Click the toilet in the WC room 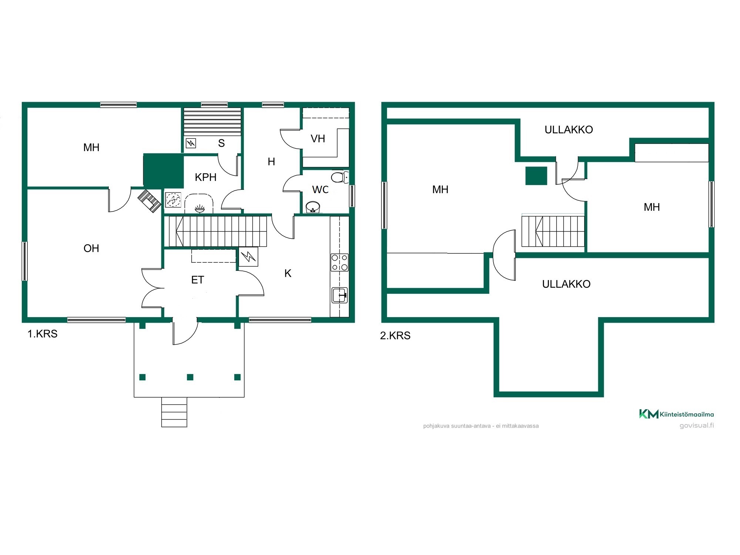pyautogui.click(x=340, y=177)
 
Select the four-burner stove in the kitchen pyautogui.click(x=339, y=262)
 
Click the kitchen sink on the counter pyautogui.click(x=339, y=295)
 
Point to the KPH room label pyautogui.click(x=205, y=177)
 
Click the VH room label pyautogui.click(x=318, y=139)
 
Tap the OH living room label pyautogui.click(x=91, y=248)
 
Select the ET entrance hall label pyautogui.click(x=198, y=280)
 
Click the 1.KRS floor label pyautogui.click(x=43, y=334)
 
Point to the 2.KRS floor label pyautogui.click(x=395, y=336)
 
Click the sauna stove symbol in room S pyautogui.click(x=191, y=143)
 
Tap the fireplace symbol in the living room pyautogui.click(x=149, y=201)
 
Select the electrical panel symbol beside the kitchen pyautogui.click(x=248, y=256)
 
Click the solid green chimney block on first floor pyautogui.click(x=164, y=171)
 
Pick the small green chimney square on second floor pyautogui.click(x=536, y=176)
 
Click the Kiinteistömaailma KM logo pyautogui.click(x=676, y=414)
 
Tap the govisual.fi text pyautogui.click(x=697, y=425)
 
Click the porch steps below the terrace pyautogui.click(x=174, y=412)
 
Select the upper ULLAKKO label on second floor pyautogui.click(x=569, y=129)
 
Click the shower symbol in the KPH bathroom pyautogui.click(x=173, y=200)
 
